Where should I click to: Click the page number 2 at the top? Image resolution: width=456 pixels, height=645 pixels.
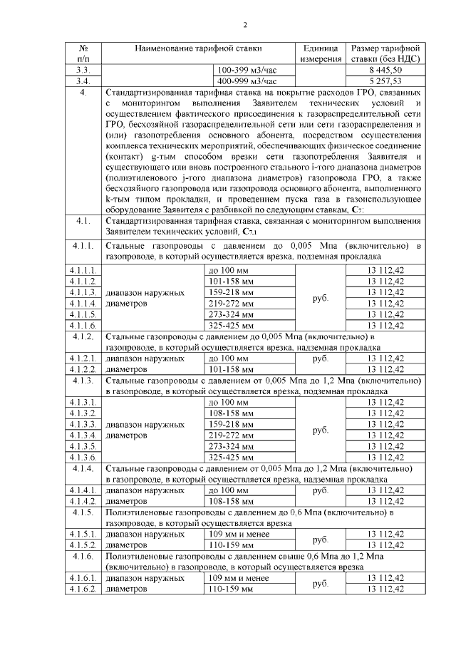click(x=244, y=26)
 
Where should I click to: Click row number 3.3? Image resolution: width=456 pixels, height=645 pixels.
click(x=84, y=71)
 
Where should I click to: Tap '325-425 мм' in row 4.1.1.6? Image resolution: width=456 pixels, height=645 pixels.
click(x=230, y=325)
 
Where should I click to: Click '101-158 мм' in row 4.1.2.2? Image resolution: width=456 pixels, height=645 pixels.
click(x=230, y=369)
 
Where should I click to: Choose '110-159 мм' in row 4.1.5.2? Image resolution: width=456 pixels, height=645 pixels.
click(x=230, y=545)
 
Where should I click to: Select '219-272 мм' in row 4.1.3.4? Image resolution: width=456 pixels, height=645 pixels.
click(x=230, y=435)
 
